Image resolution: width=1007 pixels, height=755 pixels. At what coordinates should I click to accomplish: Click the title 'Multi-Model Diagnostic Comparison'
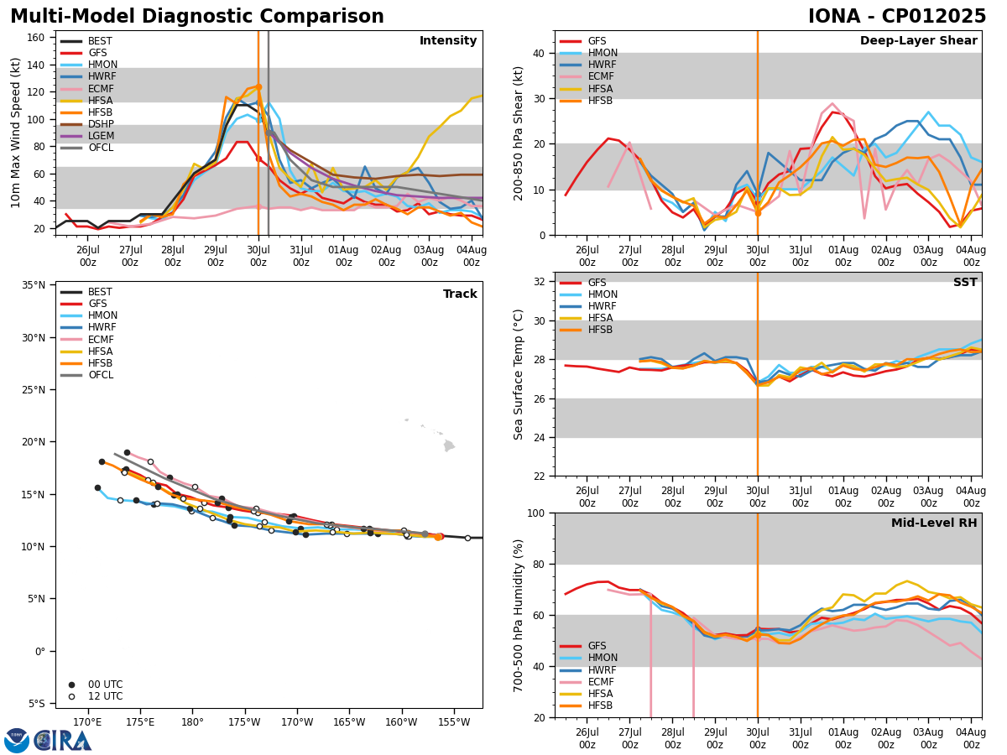(197, 17)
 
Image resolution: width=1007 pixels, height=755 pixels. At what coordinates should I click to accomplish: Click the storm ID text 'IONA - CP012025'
(897, 17)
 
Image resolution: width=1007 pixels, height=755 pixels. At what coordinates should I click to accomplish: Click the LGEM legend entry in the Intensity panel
(101, 136)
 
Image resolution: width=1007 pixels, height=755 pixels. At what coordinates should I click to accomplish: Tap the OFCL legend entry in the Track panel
(100, 375)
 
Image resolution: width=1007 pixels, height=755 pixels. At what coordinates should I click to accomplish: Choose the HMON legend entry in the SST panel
(603, 294)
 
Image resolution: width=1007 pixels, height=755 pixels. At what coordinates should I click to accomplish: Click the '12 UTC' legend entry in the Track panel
(106, 696)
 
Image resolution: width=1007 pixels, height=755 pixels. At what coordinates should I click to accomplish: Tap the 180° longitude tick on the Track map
(192, 722)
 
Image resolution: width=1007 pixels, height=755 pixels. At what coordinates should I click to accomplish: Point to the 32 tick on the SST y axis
(541, 282)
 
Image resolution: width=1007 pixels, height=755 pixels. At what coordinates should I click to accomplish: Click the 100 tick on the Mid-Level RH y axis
(537, 513)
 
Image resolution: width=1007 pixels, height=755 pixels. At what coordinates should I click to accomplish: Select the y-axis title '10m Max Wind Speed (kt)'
(16, 133)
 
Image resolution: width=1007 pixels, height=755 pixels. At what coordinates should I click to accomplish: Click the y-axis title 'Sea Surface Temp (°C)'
(519, 374)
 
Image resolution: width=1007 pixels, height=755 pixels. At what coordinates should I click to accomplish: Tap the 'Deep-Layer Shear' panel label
(918, 41)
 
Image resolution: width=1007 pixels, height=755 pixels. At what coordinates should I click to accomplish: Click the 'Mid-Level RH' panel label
(933, 523)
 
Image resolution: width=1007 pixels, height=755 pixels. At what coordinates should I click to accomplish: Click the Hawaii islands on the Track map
(448, 445)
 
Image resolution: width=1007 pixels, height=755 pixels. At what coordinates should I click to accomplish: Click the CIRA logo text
(62, 740)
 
